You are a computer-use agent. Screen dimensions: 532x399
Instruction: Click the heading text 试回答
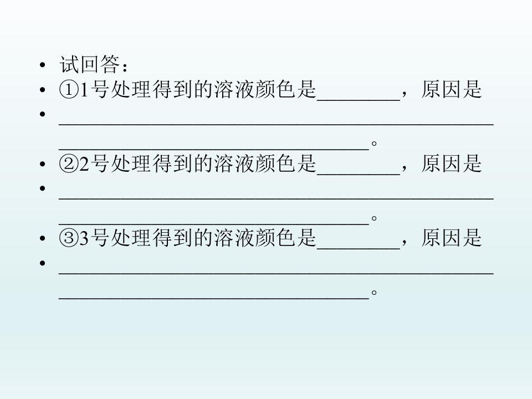[90, 64]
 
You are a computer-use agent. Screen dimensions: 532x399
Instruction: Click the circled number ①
[69, 90]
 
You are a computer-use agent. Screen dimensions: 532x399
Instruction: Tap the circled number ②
[69, 164]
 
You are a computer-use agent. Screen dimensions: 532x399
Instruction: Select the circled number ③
[69, 238]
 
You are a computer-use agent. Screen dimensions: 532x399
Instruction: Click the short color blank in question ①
[359, 100]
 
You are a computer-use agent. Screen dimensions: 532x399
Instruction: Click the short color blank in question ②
[359, 175]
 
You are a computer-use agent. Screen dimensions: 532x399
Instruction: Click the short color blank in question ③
[359, 249]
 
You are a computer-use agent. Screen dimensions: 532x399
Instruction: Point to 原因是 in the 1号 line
[452, 90]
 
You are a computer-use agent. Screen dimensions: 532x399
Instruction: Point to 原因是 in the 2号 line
[452, 163]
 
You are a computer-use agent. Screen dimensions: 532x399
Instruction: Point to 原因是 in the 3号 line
[452, 238]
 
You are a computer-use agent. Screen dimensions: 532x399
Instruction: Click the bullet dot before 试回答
[43, 64]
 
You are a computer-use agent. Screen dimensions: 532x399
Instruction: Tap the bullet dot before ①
[43, 90]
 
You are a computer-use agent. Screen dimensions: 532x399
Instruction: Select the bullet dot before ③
[43, 238]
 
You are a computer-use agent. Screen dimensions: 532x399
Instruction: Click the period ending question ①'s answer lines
[374, 144]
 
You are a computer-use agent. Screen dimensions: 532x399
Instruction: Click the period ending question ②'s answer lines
[374, 218]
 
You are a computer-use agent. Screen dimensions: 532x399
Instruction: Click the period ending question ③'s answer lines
[374, 292]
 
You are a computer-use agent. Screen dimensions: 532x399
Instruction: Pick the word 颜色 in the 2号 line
[275, 163]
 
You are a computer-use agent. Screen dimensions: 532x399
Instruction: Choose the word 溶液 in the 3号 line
[234, 238]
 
